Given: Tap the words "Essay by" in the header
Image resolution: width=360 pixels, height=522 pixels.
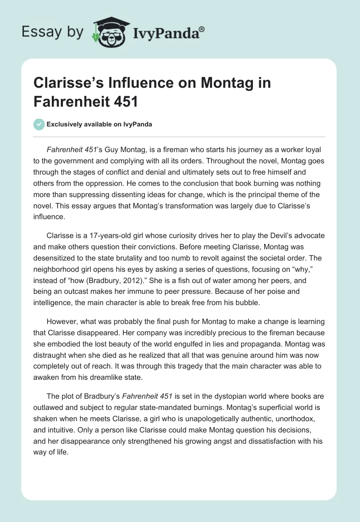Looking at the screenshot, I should coord(53,31).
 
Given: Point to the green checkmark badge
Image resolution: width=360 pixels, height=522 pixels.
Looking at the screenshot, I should coord(39,125).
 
